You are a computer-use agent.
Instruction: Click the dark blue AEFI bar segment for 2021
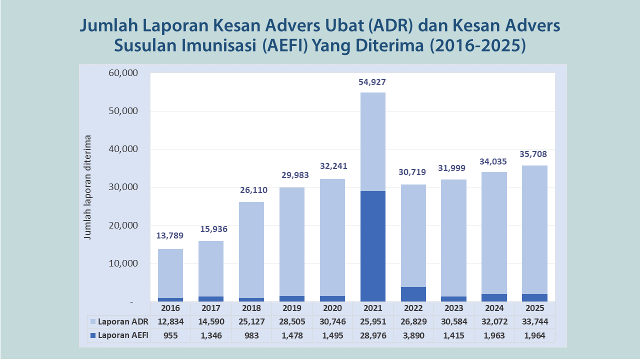coord(372,246)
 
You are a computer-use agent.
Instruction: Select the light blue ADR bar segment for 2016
coord(170,273)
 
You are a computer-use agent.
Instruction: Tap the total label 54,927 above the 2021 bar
coord(372,82)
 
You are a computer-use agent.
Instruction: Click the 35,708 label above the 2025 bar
coord(534,154)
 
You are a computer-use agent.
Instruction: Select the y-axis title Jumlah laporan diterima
coord(88,187)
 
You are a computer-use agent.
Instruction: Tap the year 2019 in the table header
coord(292,308)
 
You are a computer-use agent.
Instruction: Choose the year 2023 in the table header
coord(454,308)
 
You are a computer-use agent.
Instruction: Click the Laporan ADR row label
coord(123,321)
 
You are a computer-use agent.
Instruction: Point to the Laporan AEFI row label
coord(123,335)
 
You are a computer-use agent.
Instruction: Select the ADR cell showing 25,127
coord(251,321)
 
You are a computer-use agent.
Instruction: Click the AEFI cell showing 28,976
coord(372,335)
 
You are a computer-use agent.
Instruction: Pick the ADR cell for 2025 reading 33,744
coord(534,321)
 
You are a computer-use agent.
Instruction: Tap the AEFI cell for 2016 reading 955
coord(170,335)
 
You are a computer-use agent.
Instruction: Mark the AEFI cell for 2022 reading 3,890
coord(413,335)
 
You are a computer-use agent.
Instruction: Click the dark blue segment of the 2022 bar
coord(413,294)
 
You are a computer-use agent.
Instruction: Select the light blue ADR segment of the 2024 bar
coord(494,232)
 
